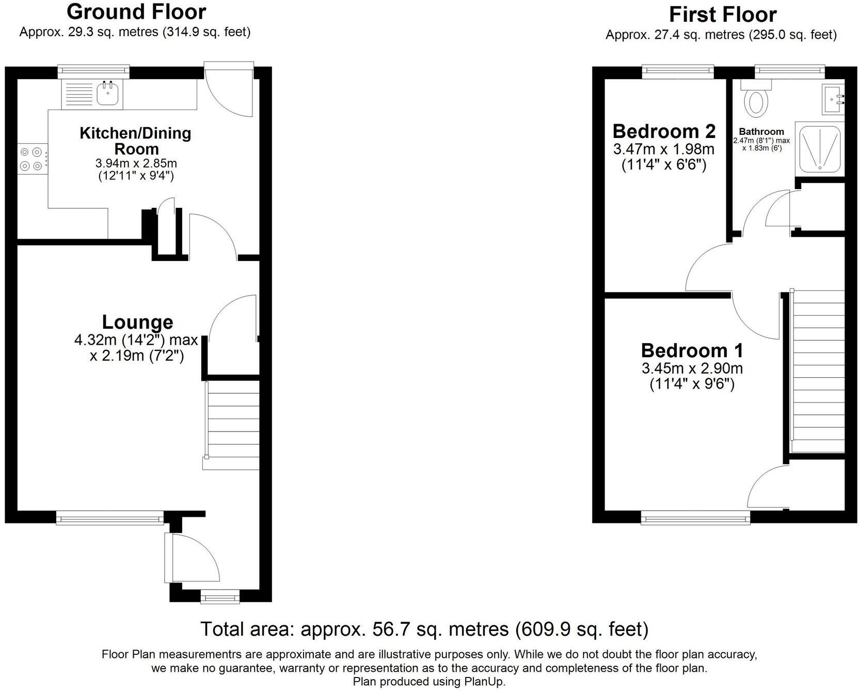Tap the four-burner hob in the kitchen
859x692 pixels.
tap(30, 159)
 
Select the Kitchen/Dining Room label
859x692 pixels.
tap(136, 141)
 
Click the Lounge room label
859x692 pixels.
tap(137, 322)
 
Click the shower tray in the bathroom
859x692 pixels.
tap(819, 148)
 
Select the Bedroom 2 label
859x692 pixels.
tap(664, 131)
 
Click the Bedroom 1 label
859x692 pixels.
tap(692, 350)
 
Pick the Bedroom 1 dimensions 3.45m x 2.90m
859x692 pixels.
tap(692, 368)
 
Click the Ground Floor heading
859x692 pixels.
tap(136, 11)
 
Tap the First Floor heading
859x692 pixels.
tap(722, 14)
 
